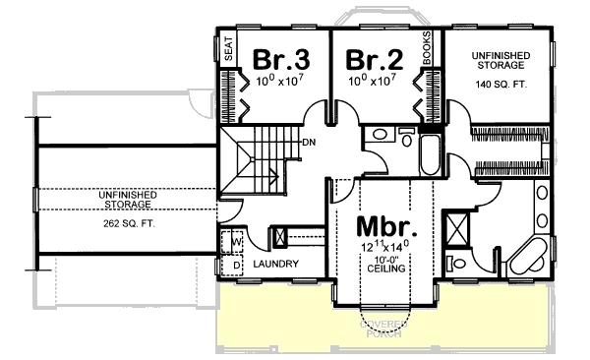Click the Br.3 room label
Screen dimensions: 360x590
pos(275,57)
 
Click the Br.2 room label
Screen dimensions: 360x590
pos(373,58)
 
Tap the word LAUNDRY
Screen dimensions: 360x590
pos(275,266)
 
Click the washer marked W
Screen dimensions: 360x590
pos(237,240)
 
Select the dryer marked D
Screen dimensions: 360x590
pos(237,264)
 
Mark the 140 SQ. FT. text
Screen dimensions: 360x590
pos(501,85)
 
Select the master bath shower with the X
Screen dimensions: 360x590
pos(457,229)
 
